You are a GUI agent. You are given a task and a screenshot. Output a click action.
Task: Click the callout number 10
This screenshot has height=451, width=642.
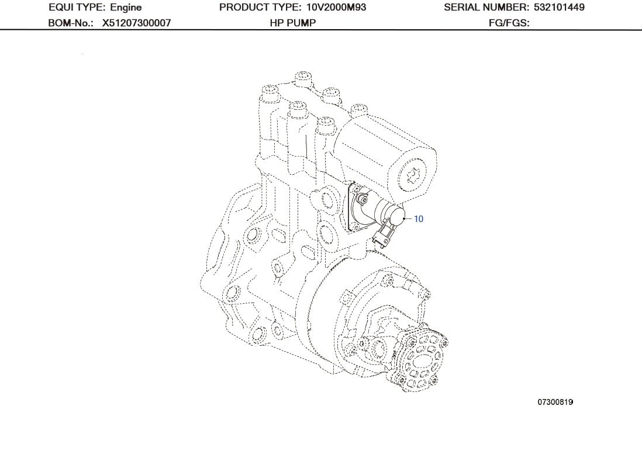(x=419, y=219)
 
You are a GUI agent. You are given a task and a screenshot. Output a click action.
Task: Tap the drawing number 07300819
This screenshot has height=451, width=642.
(x=555, y=403)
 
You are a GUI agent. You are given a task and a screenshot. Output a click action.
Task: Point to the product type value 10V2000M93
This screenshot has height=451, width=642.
(x=336, y=8)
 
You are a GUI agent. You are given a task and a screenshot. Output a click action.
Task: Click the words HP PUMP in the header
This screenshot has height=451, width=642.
(x=292, y=23)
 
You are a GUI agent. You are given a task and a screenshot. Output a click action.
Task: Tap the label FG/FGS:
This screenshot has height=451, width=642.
(x=509, y=23)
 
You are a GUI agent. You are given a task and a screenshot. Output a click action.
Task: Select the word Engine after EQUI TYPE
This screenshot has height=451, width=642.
(x=126, y=8)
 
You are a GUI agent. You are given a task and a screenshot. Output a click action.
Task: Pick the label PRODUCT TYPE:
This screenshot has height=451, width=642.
(x=261, y=8)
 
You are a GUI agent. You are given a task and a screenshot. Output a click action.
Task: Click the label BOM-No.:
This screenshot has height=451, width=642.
(x=70, y=23)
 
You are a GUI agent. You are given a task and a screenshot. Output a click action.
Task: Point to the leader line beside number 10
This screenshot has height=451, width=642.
(x=408, y=218)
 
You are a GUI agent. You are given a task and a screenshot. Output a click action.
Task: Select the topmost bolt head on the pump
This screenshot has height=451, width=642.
(x=302, y=77)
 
